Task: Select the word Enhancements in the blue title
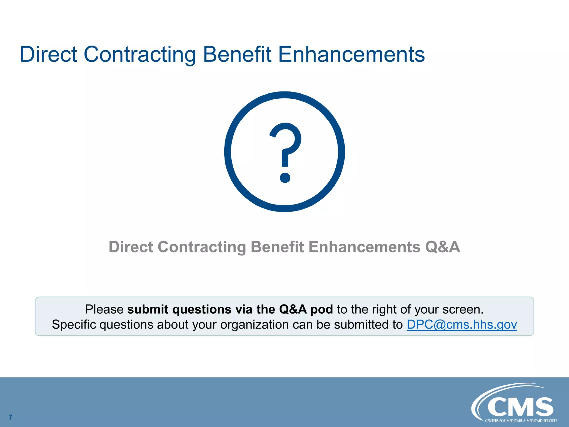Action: (351, 54)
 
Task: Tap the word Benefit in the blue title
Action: (237, 54)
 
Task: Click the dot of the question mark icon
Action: (285, 178)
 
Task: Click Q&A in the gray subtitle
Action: (442, 247)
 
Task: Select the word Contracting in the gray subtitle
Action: (202, 247)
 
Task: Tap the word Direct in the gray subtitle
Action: (131, 247)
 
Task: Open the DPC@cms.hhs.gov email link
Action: (462, 324)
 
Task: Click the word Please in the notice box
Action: (104, 309)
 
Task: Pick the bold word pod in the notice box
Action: (321, 309)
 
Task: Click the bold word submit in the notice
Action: (148, 309)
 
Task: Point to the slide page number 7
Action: (11, 417)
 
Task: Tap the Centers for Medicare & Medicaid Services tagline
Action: (521, 421)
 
